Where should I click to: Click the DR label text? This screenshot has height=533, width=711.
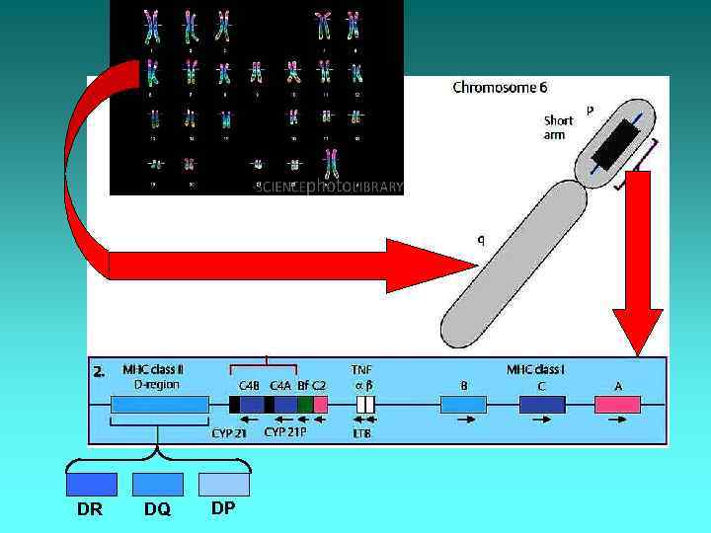[89, 509]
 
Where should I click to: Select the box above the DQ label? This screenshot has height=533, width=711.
[157, 485]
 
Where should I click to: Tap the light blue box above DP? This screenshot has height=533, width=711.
[224, 485]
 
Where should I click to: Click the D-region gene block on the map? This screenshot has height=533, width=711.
[159, 404]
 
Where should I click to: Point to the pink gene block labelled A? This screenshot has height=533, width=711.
[617, 404]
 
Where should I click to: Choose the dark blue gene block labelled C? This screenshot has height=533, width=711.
[541, 404]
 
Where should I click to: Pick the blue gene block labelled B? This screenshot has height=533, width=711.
[463, 404]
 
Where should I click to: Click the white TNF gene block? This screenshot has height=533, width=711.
[365, 404]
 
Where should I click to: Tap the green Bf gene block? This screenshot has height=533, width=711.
[305, 404]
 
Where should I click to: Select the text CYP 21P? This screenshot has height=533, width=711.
[285, 431]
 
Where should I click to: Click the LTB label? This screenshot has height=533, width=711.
[361, 432]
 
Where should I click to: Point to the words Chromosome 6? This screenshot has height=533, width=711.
[500, 88]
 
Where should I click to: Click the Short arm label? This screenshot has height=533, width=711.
[558, 127]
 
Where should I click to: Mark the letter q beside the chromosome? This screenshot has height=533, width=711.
[481, 239]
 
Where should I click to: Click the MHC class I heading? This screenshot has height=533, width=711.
[535, 370]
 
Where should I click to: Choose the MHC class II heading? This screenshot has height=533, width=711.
[152, 370]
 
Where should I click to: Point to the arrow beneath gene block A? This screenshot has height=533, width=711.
[617, 419]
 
